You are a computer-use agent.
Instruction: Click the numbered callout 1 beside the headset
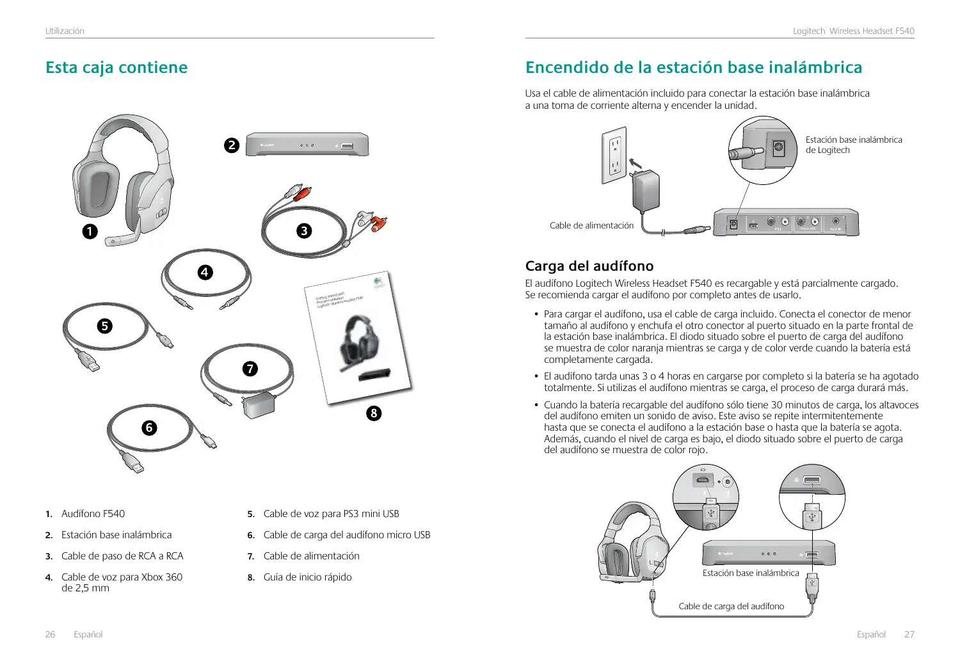pos(90,231)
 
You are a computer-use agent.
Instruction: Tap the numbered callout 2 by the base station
pos(232,145)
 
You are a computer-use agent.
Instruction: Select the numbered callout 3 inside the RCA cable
pos(305,230)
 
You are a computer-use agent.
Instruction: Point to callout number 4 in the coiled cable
pos(204,272)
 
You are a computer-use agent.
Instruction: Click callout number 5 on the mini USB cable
pos(104,326)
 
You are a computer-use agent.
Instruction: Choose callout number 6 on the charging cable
pos(149,427)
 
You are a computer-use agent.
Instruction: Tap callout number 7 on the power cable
pos(250,369)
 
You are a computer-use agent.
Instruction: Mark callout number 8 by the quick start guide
pos(374,413)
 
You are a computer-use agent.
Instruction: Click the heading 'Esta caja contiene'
pos(116,67)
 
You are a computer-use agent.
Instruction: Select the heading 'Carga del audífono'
pos(589,266)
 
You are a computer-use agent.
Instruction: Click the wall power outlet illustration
pos(613,156)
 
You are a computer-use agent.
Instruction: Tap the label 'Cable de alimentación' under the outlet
pos(591,225)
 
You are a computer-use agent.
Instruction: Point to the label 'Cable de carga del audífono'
pos(731,606)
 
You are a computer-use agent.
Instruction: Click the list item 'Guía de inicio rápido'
pos(307,577)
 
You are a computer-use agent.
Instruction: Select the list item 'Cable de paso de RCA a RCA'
pos(122,556)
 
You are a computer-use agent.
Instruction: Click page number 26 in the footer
pos(50,634)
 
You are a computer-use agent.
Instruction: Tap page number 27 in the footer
pos(909,634)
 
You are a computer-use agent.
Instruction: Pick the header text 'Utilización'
pos(65,31)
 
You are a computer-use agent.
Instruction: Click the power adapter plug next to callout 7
pos(257,406)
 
